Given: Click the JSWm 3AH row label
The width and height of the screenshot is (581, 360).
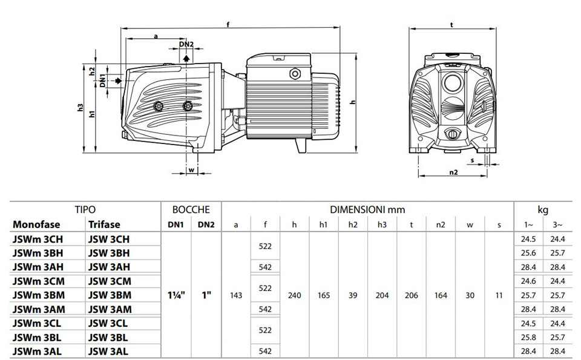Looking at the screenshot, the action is [x=38, y=267].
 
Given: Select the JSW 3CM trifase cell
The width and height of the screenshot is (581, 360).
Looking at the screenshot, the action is [x=110, y=281].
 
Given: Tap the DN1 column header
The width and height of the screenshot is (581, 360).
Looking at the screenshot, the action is [x=176, y=225].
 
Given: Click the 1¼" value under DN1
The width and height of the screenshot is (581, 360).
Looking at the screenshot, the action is [x=176, y=295].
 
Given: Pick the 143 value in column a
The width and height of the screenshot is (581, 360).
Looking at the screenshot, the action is [x=235, y=295].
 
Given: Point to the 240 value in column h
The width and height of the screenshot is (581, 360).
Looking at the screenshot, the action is [x=294, y=295].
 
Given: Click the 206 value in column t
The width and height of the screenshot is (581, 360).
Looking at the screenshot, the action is [x=412, y=295].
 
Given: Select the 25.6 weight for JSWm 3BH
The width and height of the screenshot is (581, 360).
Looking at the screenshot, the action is [x=528, y=253].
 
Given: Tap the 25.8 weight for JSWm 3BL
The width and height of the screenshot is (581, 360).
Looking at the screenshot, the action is [x=528, y=338].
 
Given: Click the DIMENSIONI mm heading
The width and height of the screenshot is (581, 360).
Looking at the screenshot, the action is [x=367, y=210].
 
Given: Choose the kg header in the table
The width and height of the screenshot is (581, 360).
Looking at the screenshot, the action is [x=543, y=211].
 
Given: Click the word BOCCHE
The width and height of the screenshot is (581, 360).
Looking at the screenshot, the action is [x=191, y=210].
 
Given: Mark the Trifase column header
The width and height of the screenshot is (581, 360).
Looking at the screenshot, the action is [x=104, y=224].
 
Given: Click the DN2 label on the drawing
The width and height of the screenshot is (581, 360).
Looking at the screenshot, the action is [x=186, y=44].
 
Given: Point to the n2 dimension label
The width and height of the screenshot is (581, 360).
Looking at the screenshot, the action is [x=453, y=172].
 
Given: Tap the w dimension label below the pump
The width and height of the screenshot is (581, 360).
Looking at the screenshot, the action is [x=191, y=170].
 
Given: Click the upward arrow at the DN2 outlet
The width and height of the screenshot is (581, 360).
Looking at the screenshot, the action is [x=187, y=57].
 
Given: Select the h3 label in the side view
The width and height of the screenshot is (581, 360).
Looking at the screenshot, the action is [x=80, y=108].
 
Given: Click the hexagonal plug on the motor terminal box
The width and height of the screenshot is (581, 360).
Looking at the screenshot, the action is [x=295, y=73].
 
